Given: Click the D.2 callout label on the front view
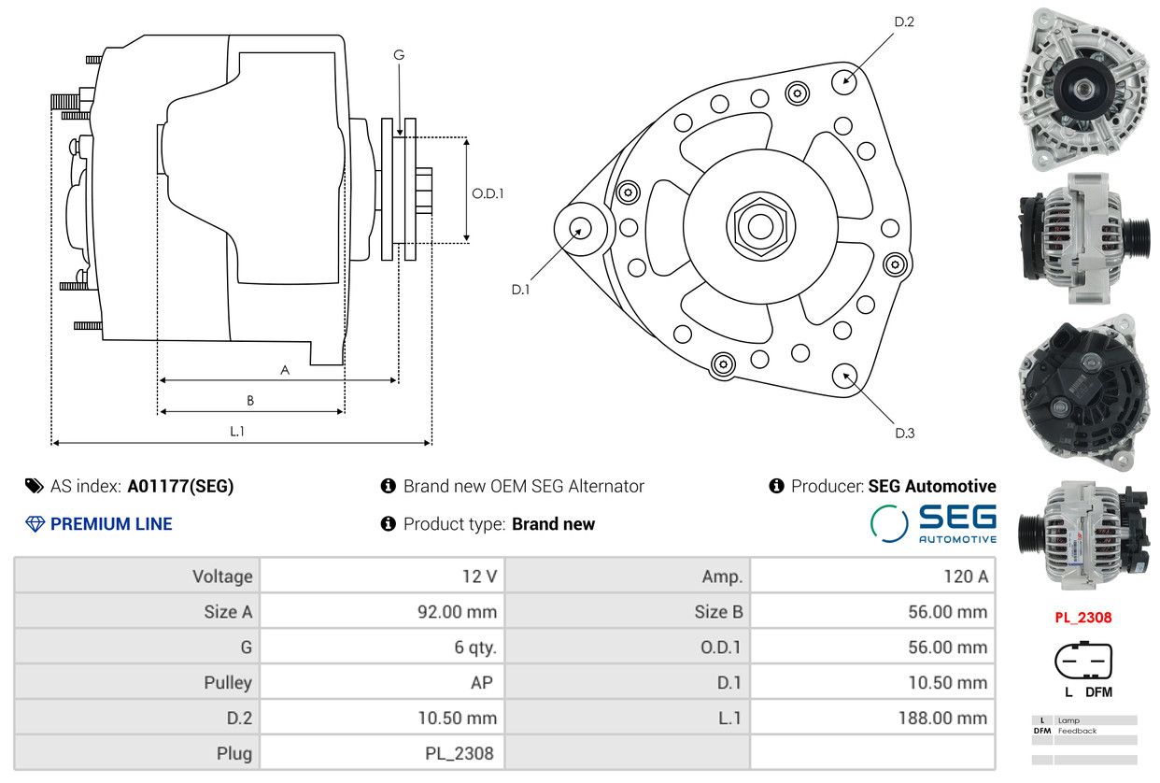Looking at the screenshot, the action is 904,21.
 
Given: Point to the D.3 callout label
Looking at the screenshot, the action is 905,434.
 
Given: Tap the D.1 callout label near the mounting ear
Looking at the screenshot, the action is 520,290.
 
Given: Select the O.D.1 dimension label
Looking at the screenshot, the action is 488,193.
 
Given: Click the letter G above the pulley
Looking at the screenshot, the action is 399,55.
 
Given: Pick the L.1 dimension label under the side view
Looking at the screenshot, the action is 236,431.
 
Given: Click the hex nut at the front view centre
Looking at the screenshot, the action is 760,226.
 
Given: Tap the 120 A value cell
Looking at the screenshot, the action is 872,576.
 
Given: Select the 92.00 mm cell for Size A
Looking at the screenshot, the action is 382,611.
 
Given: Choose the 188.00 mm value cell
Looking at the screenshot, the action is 872,718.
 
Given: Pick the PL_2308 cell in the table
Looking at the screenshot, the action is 382,753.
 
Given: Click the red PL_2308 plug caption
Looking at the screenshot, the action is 1083,618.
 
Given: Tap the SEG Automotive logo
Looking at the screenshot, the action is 933,523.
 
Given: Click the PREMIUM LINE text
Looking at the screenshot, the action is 111,524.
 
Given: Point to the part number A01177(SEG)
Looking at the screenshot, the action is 181,486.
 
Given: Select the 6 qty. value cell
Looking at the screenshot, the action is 382,647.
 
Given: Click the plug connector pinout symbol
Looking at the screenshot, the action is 1083,661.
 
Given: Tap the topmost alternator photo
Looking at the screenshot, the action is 1083,89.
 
